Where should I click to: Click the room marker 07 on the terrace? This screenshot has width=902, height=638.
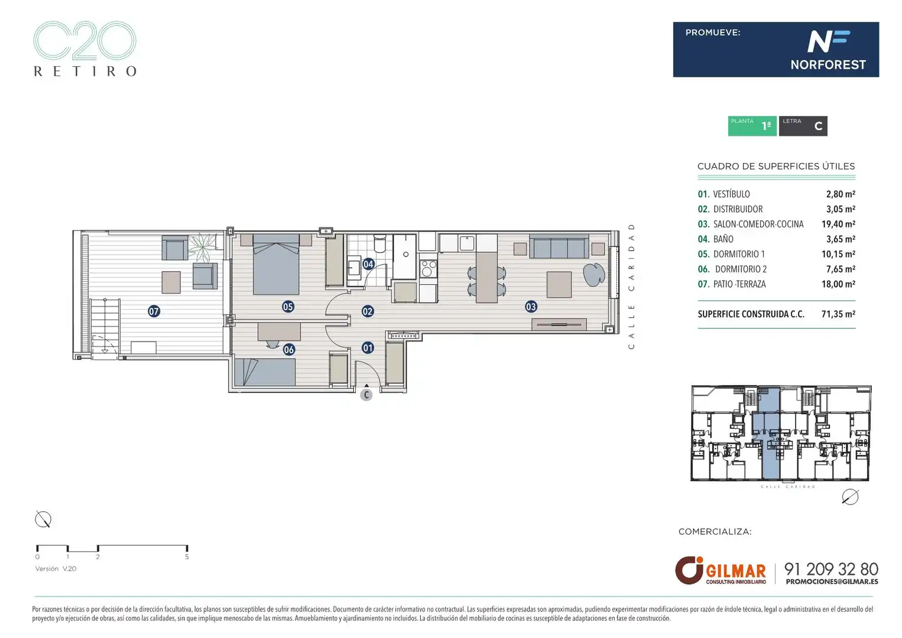coord(154,311)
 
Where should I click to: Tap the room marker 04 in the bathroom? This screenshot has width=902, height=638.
coord(368,264)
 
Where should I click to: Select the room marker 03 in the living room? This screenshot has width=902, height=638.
coord(531,307)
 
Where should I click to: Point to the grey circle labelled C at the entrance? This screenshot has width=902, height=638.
coord(366,395)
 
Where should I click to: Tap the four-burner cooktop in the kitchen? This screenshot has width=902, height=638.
coord(428,268)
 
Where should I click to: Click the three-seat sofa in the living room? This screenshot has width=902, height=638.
coord(559,246)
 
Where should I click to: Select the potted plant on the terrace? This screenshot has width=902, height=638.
coord(203,246)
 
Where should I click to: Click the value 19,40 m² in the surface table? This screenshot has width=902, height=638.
coord(838,224)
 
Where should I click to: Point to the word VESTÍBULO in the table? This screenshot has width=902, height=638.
coord(731,194)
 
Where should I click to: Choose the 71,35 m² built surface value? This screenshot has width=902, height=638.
coord(838,314)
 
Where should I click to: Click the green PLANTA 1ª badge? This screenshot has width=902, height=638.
coord(752,126)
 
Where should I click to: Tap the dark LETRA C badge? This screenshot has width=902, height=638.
coord(803,126)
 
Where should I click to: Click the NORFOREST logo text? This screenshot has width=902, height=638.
coord(828,65)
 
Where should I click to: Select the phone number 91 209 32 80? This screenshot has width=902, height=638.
coord(831,569)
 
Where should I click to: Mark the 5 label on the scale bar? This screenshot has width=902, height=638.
coord(187,557)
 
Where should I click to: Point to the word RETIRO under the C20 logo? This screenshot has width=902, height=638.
coord(85,71)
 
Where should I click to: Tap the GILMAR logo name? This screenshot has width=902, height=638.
coord(736,571)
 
